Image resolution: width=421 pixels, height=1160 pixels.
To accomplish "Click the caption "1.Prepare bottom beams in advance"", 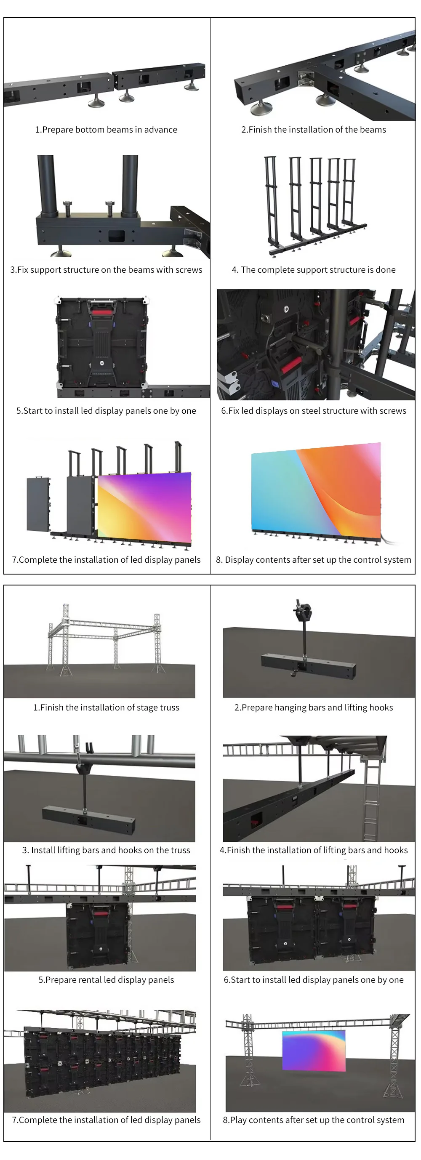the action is click(x=106, y=130).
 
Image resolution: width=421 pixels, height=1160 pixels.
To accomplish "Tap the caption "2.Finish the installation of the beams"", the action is click(x=313, y=130).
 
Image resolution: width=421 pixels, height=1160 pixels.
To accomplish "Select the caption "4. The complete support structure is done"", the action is click(x=313, y=270).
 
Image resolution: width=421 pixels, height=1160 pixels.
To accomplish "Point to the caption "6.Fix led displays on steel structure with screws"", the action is click(x=313, y=411).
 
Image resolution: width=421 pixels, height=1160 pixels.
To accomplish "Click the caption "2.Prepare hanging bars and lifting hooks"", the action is click(x=313, y=708).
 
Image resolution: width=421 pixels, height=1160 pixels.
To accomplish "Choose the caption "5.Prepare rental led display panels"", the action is click(x=106, y=980).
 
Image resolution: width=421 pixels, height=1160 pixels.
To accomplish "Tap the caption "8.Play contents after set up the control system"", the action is click(x=313, y=1120).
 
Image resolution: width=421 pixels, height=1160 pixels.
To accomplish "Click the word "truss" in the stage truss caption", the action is click(x=169, y=708).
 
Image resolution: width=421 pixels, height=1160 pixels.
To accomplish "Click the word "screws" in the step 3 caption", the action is click(x=188, y=270).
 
